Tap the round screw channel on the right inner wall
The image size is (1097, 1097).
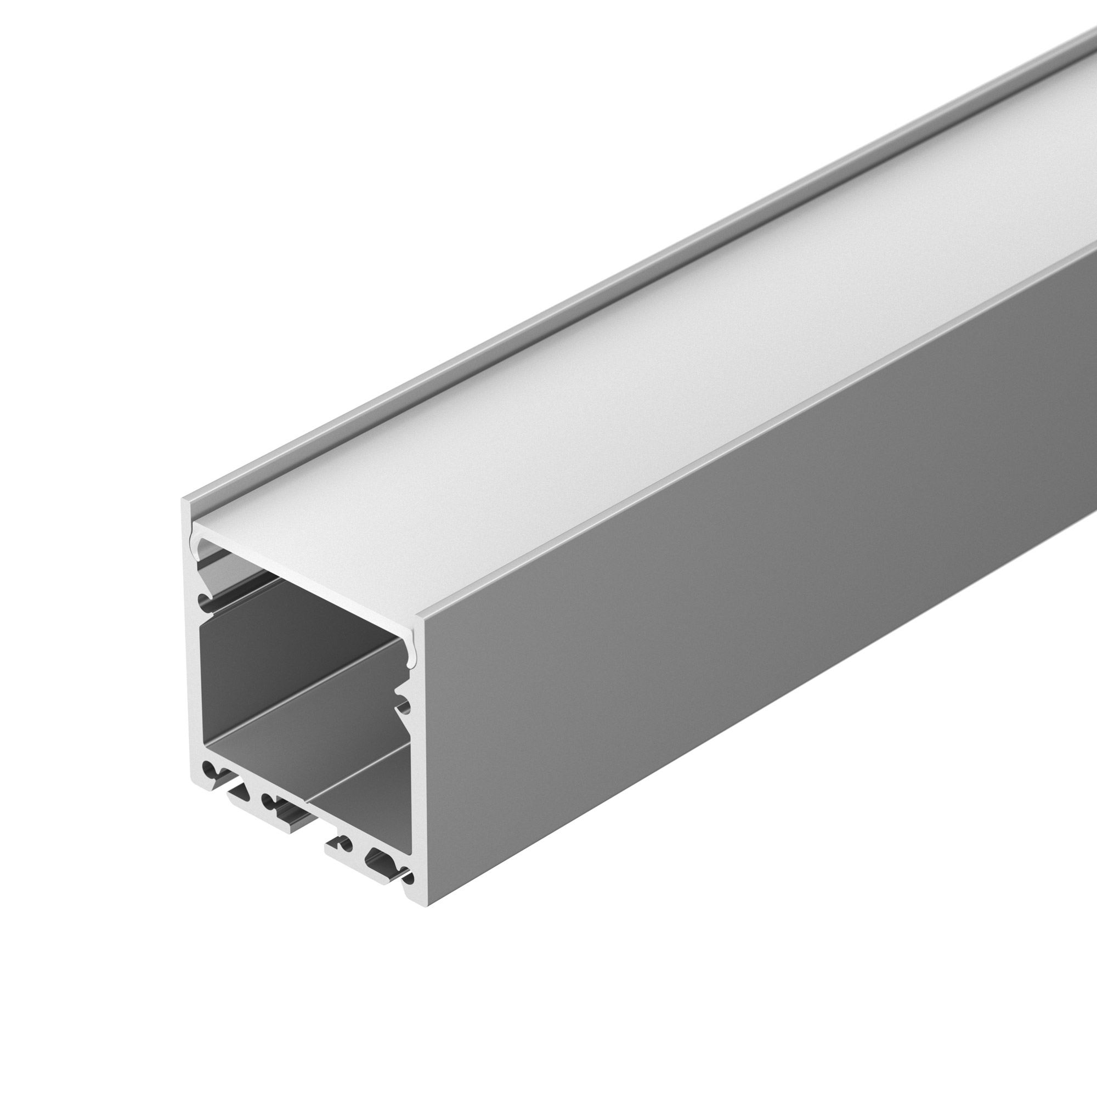click(404, 708)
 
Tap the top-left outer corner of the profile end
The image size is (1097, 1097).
click(184, 501)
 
